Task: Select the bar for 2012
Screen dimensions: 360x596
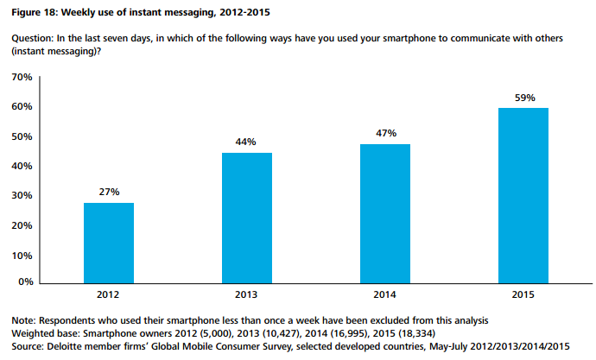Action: tap(109, 243)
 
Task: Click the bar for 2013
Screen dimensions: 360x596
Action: tap(248, 218)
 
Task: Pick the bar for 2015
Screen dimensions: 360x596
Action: tap(524, 195)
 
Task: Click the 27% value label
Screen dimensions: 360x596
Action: tap(109, 190)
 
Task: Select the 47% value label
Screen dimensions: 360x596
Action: tap(386, 132)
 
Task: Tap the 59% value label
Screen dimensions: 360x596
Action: tap(524, 97)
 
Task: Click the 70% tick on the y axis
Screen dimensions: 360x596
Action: tap(22, 78)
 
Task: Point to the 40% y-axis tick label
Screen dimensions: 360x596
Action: tap(22, 167)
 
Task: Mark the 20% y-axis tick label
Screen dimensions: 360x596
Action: tap(22, 225)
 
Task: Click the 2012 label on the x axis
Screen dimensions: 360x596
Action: tap(109, 294)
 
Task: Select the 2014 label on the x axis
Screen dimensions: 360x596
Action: tap(386, 294)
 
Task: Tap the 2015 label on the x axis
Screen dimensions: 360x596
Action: tap(524, 294)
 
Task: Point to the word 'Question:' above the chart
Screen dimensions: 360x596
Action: tap(29, 41)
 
